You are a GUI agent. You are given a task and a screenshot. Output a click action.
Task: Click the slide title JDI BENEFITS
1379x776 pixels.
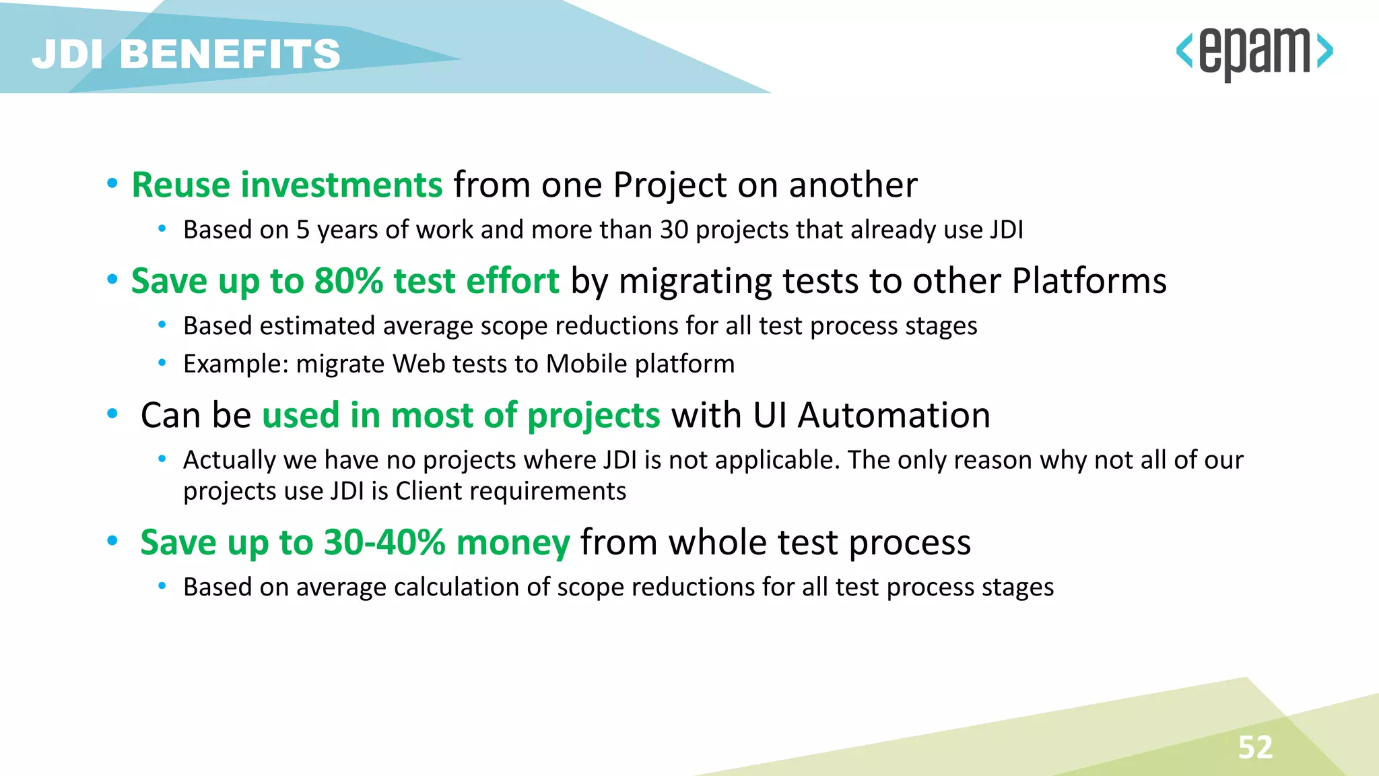click(187, 54)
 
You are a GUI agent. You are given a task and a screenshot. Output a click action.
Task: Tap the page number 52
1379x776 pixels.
click(1255, 747)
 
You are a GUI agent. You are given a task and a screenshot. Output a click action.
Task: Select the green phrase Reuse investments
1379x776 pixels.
click(287, 185)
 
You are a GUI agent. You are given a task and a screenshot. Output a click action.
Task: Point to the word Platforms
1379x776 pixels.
click(1089, 281)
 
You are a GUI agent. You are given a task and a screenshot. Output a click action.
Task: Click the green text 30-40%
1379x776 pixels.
click(384, 542)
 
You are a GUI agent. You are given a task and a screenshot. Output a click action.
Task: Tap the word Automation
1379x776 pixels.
click(894, 415)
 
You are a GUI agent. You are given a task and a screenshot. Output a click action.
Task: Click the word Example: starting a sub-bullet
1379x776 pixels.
click(236, 364)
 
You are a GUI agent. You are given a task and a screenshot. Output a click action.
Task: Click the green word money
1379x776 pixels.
click(513, 542)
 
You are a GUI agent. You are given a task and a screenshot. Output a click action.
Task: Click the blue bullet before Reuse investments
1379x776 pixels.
click(112, 183)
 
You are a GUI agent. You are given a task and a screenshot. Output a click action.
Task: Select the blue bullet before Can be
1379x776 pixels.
click(112, 414)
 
